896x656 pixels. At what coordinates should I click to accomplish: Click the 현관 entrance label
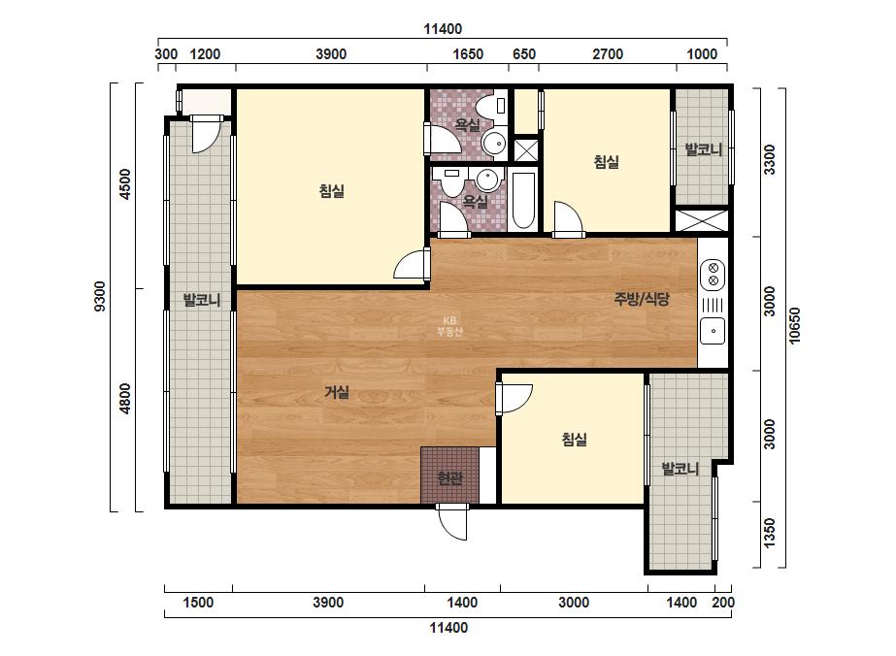(449, 477)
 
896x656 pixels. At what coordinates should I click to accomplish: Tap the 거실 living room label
(337, 392)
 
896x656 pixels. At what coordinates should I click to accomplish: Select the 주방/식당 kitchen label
(641, 298)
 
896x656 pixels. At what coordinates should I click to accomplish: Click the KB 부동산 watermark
(449, 326)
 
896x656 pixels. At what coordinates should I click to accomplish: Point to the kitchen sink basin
(713, 330)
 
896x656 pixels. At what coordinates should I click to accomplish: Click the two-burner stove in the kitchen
(713, 274)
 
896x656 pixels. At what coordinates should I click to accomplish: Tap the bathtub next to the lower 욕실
(523, 200)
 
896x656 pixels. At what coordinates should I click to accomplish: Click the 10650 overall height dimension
(795, 326)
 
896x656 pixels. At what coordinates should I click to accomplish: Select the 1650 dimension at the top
(468, 54)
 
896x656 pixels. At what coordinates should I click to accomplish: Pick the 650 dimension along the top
(524, 54)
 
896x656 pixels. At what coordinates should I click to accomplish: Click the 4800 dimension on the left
(125, 399)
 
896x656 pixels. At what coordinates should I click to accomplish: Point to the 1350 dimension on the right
(770, 533)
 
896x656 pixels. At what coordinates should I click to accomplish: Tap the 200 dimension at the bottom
(723, 603)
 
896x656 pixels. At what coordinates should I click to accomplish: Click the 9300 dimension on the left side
(100, 296)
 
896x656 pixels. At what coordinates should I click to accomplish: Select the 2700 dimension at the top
(608, 54)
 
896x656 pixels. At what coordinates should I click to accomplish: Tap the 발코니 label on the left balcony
(202, 300)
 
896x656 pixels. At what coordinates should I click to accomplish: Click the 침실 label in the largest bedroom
(332, 191)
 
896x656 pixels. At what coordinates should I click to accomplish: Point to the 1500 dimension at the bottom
(198, 603)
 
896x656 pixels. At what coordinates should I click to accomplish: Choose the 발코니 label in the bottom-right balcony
(680, 469)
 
